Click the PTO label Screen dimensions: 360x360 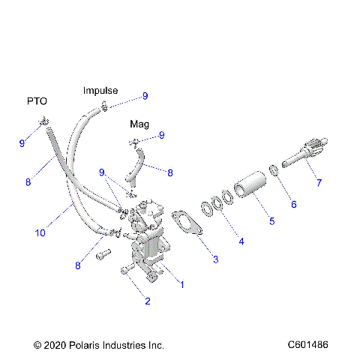(x=37, y=100)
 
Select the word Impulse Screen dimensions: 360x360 (x=100, y=90)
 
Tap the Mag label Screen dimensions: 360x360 (x=139, y=123)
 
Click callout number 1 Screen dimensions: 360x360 (x=180, y=284)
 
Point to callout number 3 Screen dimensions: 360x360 (x=215, y=259)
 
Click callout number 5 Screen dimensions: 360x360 (x=271, y=221)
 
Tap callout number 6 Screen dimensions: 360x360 (x=293, y=203)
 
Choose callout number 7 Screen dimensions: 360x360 (x=318, y=181)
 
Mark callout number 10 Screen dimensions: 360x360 (x=39, y=233)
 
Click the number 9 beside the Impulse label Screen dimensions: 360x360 (x=145, y=96)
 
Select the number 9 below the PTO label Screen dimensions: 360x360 (x=22, y=142)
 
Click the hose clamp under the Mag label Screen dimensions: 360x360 (x=135, y=142)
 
